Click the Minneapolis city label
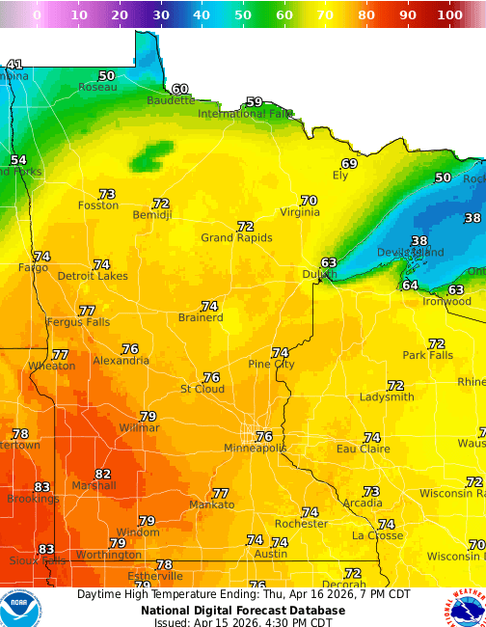(256, 449)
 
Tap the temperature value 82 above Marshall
(103, 474)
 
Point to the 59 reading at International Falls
(254, 101)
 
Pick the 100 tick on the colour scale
(448, 15)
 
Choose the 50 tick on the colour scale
(243, 15)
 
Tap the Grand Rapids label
(236, 237)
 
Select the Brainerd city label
(201, 317)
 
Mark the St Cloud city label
(202, 389)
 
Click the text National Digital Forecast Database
(242, 610)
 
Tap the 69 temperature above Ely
(349, 163)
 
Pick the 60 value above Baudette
(180, 89)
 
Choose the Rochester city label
(301, 524)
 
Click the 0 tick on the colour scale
(37, 15)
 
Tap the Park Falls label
(427, 355)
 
